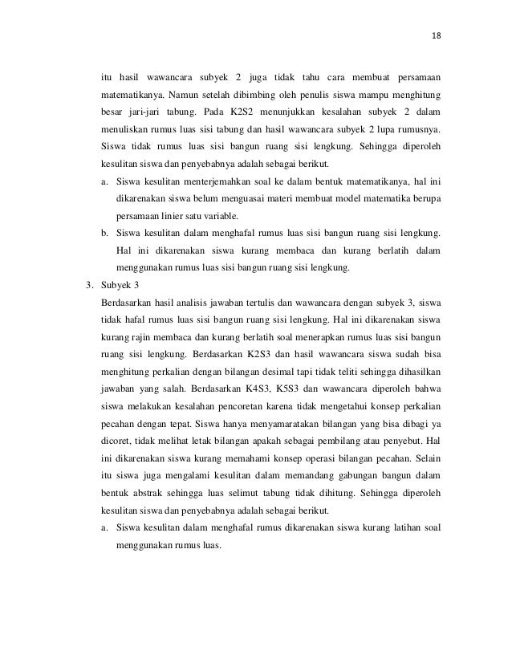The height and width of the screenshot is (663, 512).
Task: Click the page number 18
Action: click(437, 35)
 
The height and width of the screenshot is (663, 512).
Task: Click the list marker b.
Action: click(104, 233)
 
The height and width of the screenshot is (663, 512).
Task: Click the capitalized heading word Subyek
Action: click(116, 284)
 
